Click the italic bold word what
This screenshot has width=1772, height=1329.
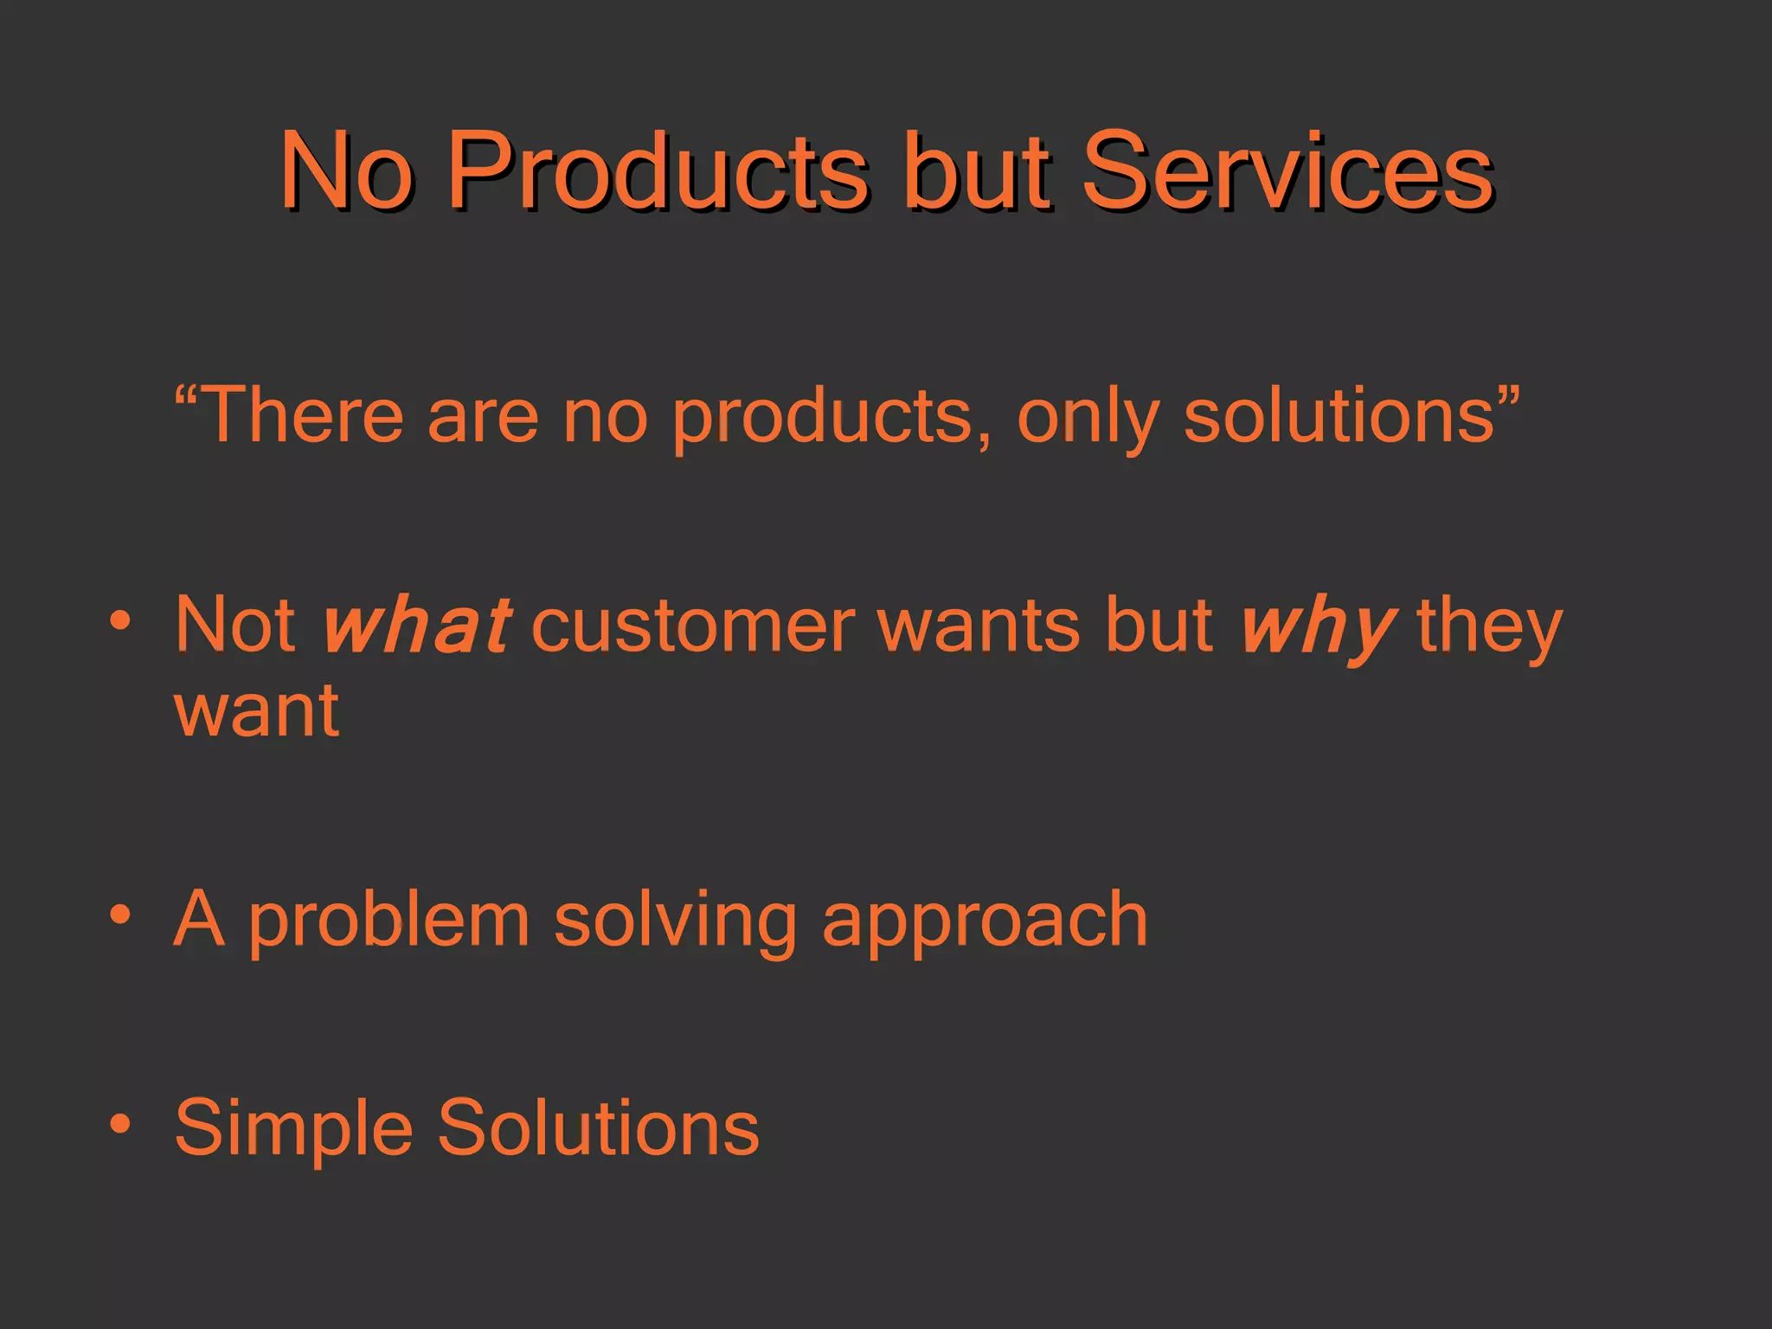point(415,625)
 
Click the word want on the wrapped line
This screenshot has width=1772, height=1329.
point(256,711)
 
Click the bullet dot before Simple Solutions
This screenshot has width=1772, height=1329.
point(120,1124)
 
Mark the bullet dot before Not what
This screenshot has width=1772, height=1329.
point(120,620)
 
